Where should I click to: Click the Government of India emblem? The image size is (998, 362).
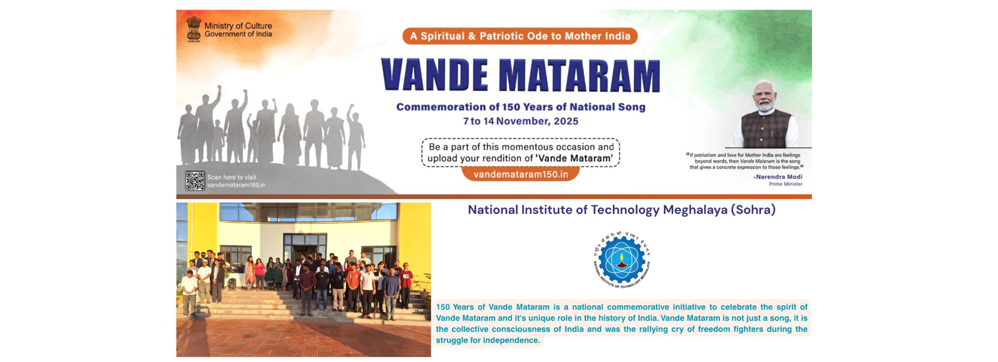tap(193, 29)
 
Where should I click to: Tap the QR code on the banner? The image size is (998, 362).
tap(195, 181)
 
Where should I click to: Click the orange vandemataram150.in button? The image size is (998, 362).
tap(520, 174)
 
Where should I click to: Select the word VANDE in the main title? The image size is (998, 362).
tap(435, 76)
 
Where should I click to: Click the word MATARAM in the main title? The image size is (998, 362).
tap(580, 76)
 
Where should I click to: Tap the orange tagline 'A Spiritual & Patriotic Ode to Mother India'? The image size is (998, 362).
tap(520, 36)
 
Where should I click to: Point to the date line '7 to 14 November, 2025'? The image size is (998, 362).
tap(520, 121)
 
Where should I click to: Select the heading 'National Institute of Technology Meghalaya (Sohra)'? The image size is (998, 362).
tap(621, 210)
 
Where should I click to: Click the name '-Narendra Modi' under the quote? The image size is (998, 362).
tap(778, 177)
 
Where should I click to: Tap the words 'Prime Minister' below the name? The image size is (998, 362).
tap(785, 184)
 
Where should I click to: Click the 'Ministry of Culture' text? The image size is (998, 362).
tap(238, 25)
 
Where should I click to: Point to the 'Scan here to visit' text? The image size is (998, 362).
tap(232, 177)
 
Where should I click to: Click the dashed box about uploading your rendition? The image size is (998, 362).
tap(520, 152)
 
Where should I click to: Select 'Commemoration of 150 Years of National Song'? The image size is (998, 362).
tap(520, 107)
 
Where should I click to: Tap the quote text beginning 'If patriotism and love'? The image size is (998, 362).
tap(745, 161)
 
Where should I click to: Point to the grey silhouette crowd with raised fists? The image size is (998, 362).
tap(270, 130)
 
